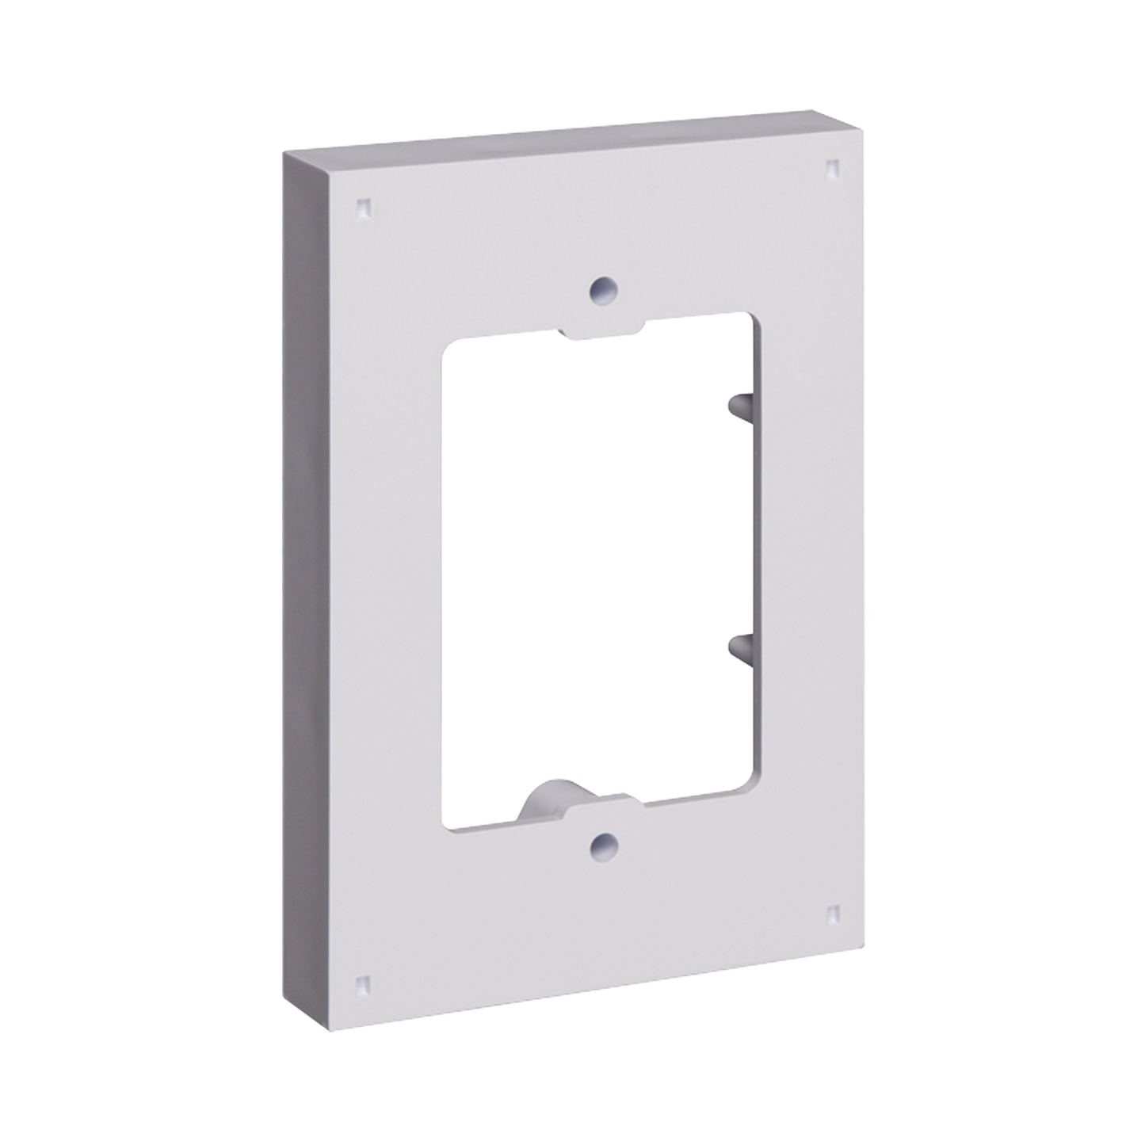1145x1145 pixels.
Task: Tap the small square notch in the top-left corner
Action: (364, 208)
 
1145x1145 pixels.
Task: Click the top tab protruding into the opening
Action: (605, 331)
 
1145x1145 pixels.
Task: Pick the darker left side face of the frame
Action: (304, 578)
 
